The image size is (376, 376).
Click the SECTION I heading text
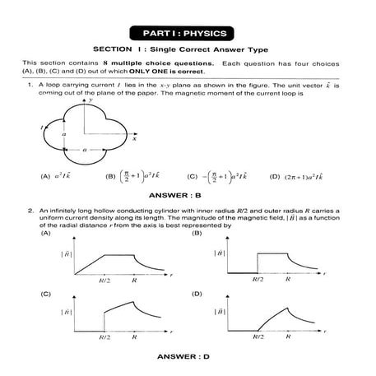[x=188, y=50]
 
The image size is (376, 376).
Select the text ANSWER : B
[x=188, y=195]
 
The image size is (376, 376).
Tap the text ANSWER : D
[x=188, y=355]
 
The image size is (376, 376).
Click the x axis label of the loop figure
[x=132, y=140]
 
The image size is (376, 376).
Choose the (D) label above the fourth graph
[x=195, y=293]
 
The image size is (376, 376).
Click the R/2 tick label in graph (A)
[x=104, y=279]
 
